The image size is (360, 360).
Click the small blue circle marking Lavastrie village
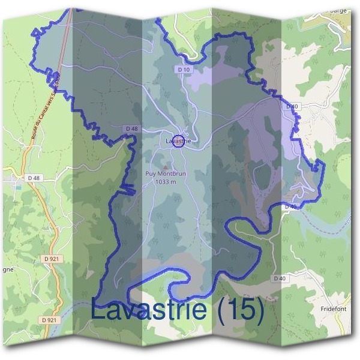178,142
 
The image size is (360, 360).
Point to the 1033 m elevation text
165,182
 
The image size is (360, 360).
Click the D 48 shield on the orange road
34,178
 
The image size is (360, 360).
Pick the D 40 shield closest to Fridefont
279,278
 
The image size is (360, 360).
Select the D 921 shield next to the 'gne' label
52,259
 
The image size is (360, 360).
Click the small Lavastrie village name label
178,140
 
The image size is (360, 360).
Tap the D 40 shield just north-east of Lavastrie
292,106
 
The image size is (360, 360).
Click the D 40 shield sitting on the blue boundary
290,206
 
